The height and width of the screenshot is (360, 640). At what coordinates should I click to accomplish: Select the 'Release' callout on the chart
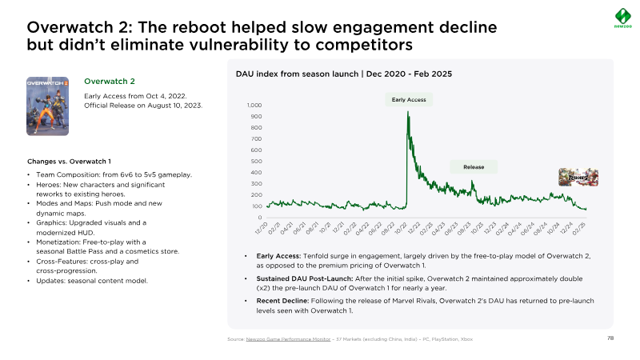tap(474, 167)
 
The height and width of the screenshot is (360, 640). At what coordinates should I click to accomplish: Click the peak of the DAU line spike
tap(409, 113)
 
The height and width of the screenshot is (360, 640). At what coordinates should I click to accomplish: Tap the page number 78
tap(610, 338)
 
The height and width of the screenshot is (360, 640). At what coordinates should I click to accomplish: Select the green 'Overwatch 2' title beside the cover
tap(110, 82)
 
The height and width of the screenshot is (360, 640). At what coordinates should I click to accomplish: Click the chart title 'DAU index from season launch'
tap(298, 74)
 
